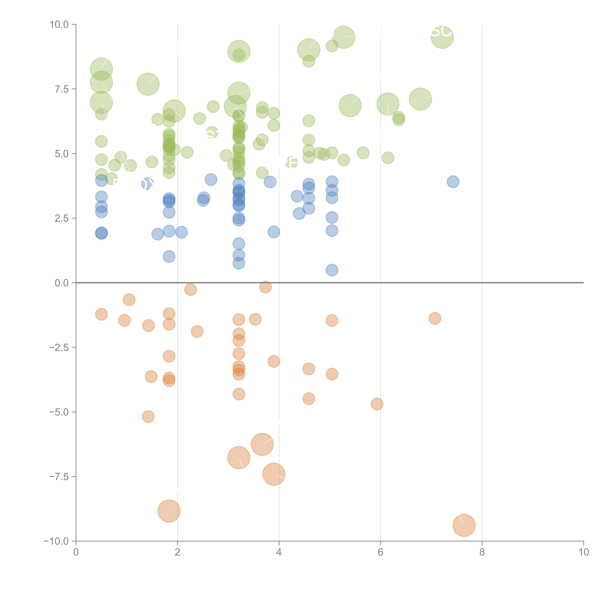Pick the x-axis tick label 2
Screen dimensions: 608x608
click(x=178, y=552)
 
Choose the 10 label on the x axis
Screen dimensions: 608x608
click(x=583, y=552)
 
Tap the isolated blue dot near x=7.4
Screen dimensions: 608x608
click(x=453, y=182)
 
